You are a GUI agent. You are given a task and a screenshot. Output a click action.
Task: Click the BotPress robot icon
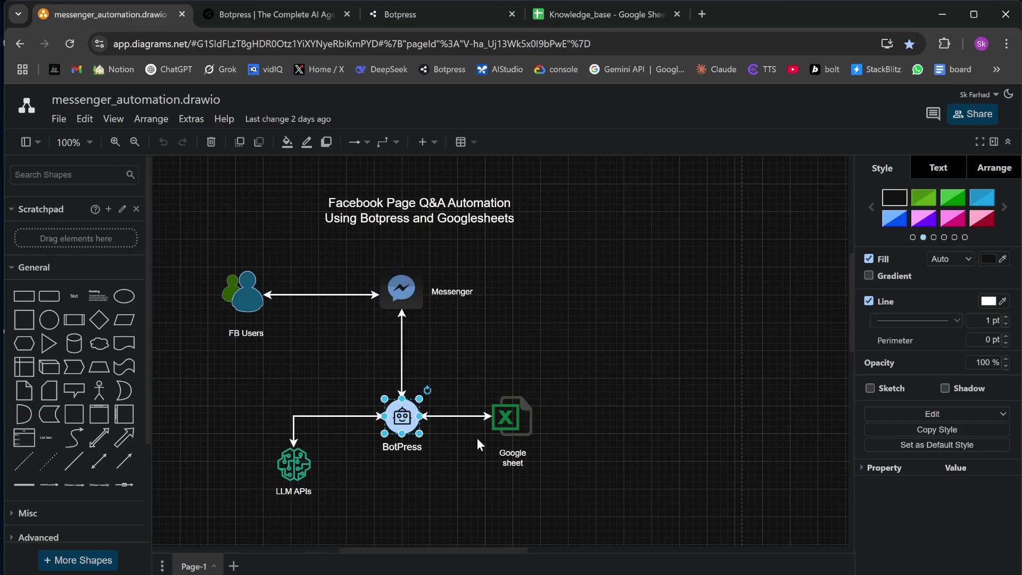pyautogui.click(x=402, y=416)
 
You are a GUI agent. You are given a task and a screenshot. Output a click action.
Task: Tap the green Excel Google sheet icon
pyautogui.click(x=512, y=416)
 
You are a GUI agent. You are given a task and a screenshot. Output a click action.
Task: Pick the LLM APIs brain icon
pyautogui.click(x=294, y=464)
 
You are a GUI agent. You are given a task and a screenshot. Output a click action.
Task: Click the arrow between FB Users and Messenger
pyautogui.click(x=322, y=294)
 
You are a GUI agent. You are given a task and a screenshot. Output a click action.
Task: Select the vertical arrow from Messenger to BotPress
pyautogui.click(x=402, y=354)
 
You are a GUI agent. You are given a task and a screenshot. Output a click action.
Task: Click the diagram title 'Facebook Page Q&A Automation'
pyautogui.click(x=419, y=203)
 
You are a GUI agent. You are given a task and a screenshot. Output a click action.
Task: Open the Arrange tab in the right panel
pyautogui.click(x=994, y=168)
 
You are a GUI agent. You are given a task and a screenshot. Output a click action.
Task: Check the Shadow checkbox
pyautogui.click(x=945, y=388)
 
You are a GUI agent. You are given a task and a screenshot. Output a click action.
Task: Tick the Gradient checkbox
pyautogui.click(x=869, y=275)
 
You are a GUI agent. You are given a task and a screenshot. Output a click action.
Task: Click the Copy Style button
pyautogui.click(x=937, y=430)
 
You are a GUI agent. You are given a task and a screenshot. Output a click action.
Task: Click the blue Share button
pyautogui.click(x=972, y=114)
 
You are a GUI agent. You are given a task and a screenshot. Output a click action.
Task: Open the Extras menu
pyautogui.click(x=191, y=119)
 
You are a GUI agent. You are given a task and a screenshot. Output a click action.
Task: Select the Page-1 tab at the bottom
pyautogui.click(x=194, y=566)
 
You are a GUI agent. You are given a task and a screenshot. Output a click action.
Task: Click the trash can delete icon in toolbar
pyautogui.click(x=211, y=142)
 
